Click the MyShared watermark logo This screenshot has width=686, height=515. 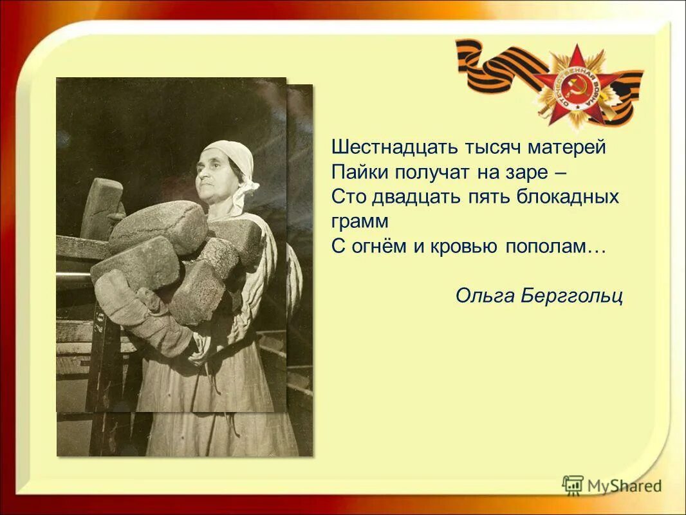[611, 485]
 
